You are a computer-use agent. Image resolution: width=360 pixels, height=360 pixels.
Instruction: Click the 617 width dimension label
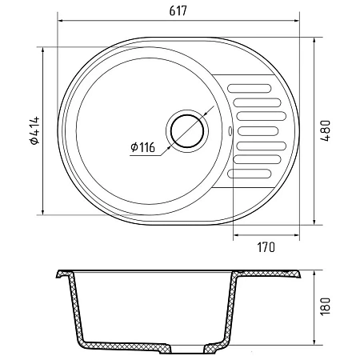178,11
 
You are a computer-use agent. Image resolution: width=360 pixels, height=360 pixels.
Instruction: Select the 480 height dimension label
325,131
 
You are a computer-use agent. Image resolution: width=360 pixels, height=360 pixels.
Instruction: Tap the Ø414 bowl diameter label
35,130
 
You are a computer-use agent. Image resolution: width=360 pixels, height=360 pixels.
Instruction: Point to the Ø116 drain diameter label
143,147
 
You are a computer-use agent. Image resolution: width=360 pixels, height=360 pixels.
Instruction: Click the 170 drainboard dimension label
266,247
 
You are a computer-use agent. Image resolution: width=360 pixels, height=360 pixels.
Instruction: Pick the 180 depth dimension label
325,306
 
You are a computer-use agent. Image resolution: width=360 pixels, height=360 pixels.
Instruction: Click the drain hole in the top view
187,131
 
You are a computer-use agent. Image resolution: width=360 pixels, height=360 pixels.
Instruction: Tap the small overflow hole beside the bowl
230,131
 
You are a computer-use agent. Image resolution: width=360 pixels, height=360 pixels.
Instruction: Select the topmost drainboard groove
250,88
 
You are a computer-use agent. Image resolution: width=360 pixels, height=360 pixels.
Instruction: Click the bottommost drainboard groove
250,174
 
